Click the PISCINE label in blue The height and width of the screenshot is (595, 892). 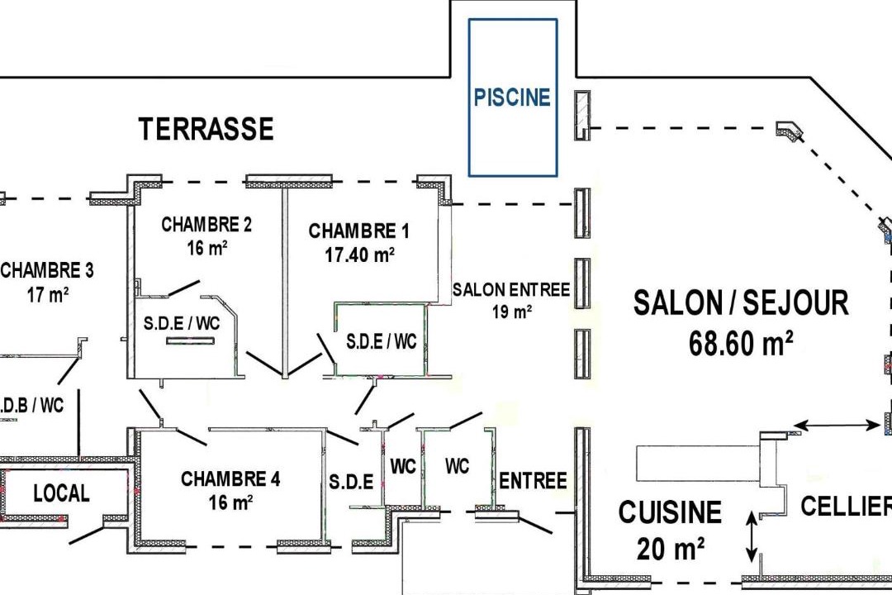tap(512, 98)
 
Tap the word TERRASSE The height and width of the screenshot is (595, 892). tap(206, 129)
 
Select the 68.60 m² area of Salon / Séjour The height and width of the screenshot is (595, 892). tap(741, 343)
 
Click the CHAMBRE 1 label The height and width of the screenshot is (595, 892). tap(358, 231)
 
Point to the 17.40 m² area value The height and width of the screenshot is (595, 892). tap(359, 255)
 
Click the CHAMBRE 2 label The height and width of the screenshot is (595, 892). tap(206, 224)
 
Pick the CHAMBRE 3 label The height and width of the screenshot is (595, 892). tap(47, 270)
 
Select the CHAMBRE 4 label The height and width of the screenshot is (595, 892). tap(230, 478)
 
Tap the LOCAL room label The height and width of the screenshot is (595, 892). tap(61, 493)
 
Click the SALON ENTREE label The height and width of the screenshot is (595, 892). tap(511, 290)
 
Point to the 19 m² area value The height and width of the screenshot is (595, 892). tap(512, 312)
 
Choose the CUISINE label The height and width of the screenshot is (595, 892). tap(670, 512)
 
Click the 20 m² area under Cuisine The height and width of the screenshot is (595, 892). tap(671, 550)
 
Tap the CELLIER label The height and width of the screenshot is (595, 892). tap(846, 506)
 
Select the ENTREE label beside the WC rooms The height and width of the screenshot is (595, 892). tap(533, 481)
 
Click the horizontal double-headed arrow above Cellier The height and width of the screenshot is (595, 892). tap(836, 425)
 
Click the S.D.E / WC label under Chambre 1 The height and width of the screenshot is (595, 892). tap(381, 341)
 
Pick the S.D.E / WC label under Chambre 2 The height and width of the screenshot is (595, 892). tap(182, 323)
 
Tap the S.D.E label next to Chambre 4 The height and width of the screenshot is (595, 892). tap(351, 482)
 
